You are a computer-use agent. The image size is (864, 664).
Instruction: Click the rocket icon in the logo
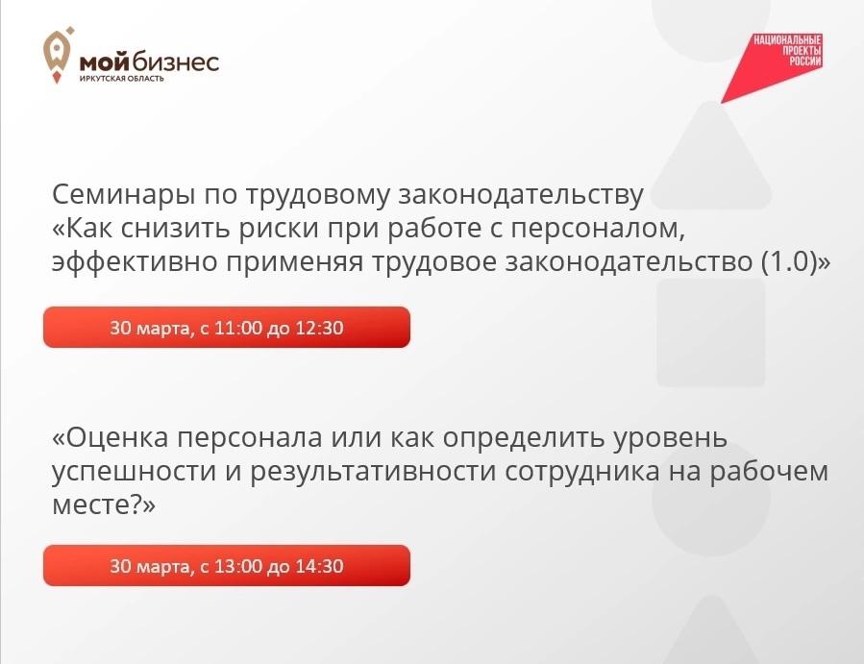(58, 55)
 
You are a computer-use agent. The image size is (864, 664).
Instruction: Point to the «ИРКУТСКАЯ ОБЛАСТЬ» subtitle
(122, 78)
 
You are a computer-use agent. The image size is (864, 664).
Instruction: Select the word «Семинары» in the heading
(125, 194)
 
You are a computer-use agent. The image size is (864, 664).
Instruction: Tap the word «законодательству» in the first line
(521, 194)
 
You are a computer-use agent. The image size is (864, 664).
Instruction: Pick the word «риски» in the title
(279, 229)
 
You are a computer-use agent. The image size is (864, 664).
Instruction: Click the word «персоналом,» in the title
(598, 229)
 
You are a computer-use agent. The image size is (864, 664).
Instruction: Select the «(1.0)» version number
(789, 261)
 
